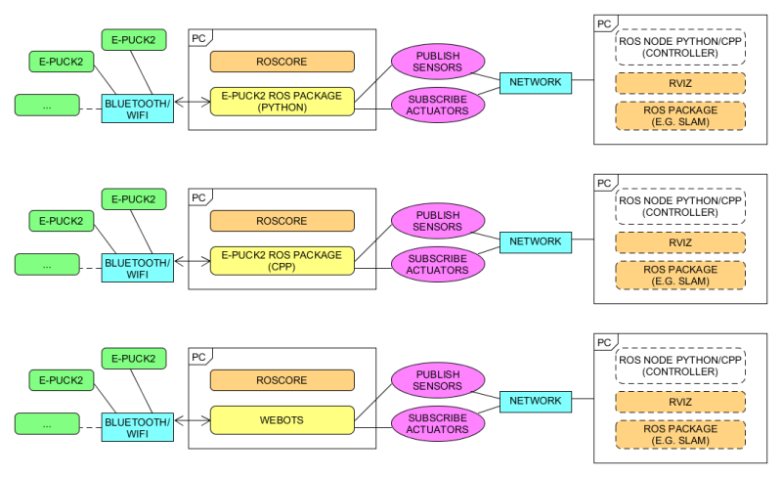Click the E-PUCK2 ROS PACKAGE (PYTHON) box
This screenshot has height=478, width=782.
282,102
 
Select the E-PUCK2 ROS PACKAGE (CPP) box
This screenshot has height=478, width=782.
282,261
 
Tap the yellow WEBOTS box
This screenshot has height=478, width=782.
282,420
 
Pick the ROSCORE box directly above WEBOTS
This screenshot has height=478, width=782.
282,380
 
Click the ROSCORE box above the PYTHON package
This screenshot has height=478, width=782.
282,62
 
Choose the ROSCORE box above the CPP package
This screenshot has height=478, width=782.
282,221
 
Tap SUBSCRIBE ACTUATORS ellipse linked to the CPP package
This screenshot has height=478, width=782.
438,263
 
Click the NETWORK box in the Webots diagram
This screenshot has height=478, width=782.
536,401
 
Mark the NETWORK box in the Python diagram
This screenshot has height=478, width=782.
536,82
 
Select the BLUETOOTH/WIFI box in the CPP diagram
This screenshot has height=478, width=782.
138,268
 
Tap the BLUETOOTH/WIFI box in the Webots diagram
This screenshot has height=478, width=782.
138,427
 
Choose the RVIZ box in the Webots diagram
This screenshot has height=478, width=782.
680,401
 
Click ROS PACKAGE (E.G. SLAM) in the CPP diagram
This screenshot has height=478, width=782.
680,275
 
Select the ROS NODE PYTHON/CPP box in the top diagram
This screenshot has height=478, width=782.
680,47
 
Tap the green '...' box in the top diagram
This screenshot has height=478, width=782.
47,106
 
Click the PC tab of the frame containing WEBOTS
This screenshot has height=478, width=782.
198,357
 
